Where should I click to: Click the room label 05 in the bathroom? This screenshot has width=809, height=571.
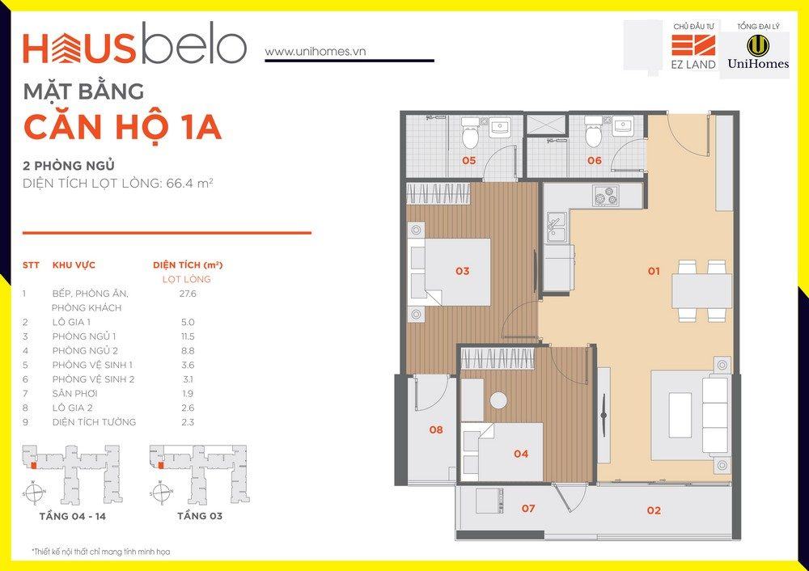[468, 160]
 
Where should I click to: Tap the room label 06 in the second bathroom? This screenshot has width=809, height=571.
[594, 160]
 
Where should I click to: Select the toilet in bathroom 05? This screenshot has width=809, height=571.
[470, 133]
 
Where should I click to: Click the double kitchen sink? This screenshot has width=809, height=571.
[557, 229]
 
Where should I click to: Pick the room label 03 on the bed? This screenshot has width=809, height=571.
[462, 271]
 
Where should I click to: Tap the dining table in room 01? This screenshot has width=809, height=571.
[701, 290]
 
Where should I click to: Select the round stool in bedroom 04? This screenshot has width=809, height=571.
[499, 400]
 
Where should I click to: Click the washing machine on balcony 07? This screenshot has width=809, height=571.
[490, 501]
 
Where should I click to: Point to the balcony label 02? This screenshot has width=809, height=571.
[654, 510]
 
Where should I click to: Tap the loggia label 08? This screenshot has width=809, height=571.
[436, 429]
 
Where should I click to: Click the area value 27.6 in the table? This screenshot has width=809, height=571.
[188, 294]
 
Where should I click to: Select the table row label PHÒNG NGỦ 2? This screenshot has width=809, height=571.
[85, 351]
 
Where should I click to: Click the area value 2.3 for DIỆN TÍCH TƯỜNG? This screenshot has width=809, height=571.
[188, 422]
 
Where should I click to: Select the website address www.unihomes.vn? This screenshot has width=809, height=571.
[316, 52]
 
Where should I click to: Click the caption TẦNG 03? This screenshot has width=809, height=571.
[200, 516]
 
